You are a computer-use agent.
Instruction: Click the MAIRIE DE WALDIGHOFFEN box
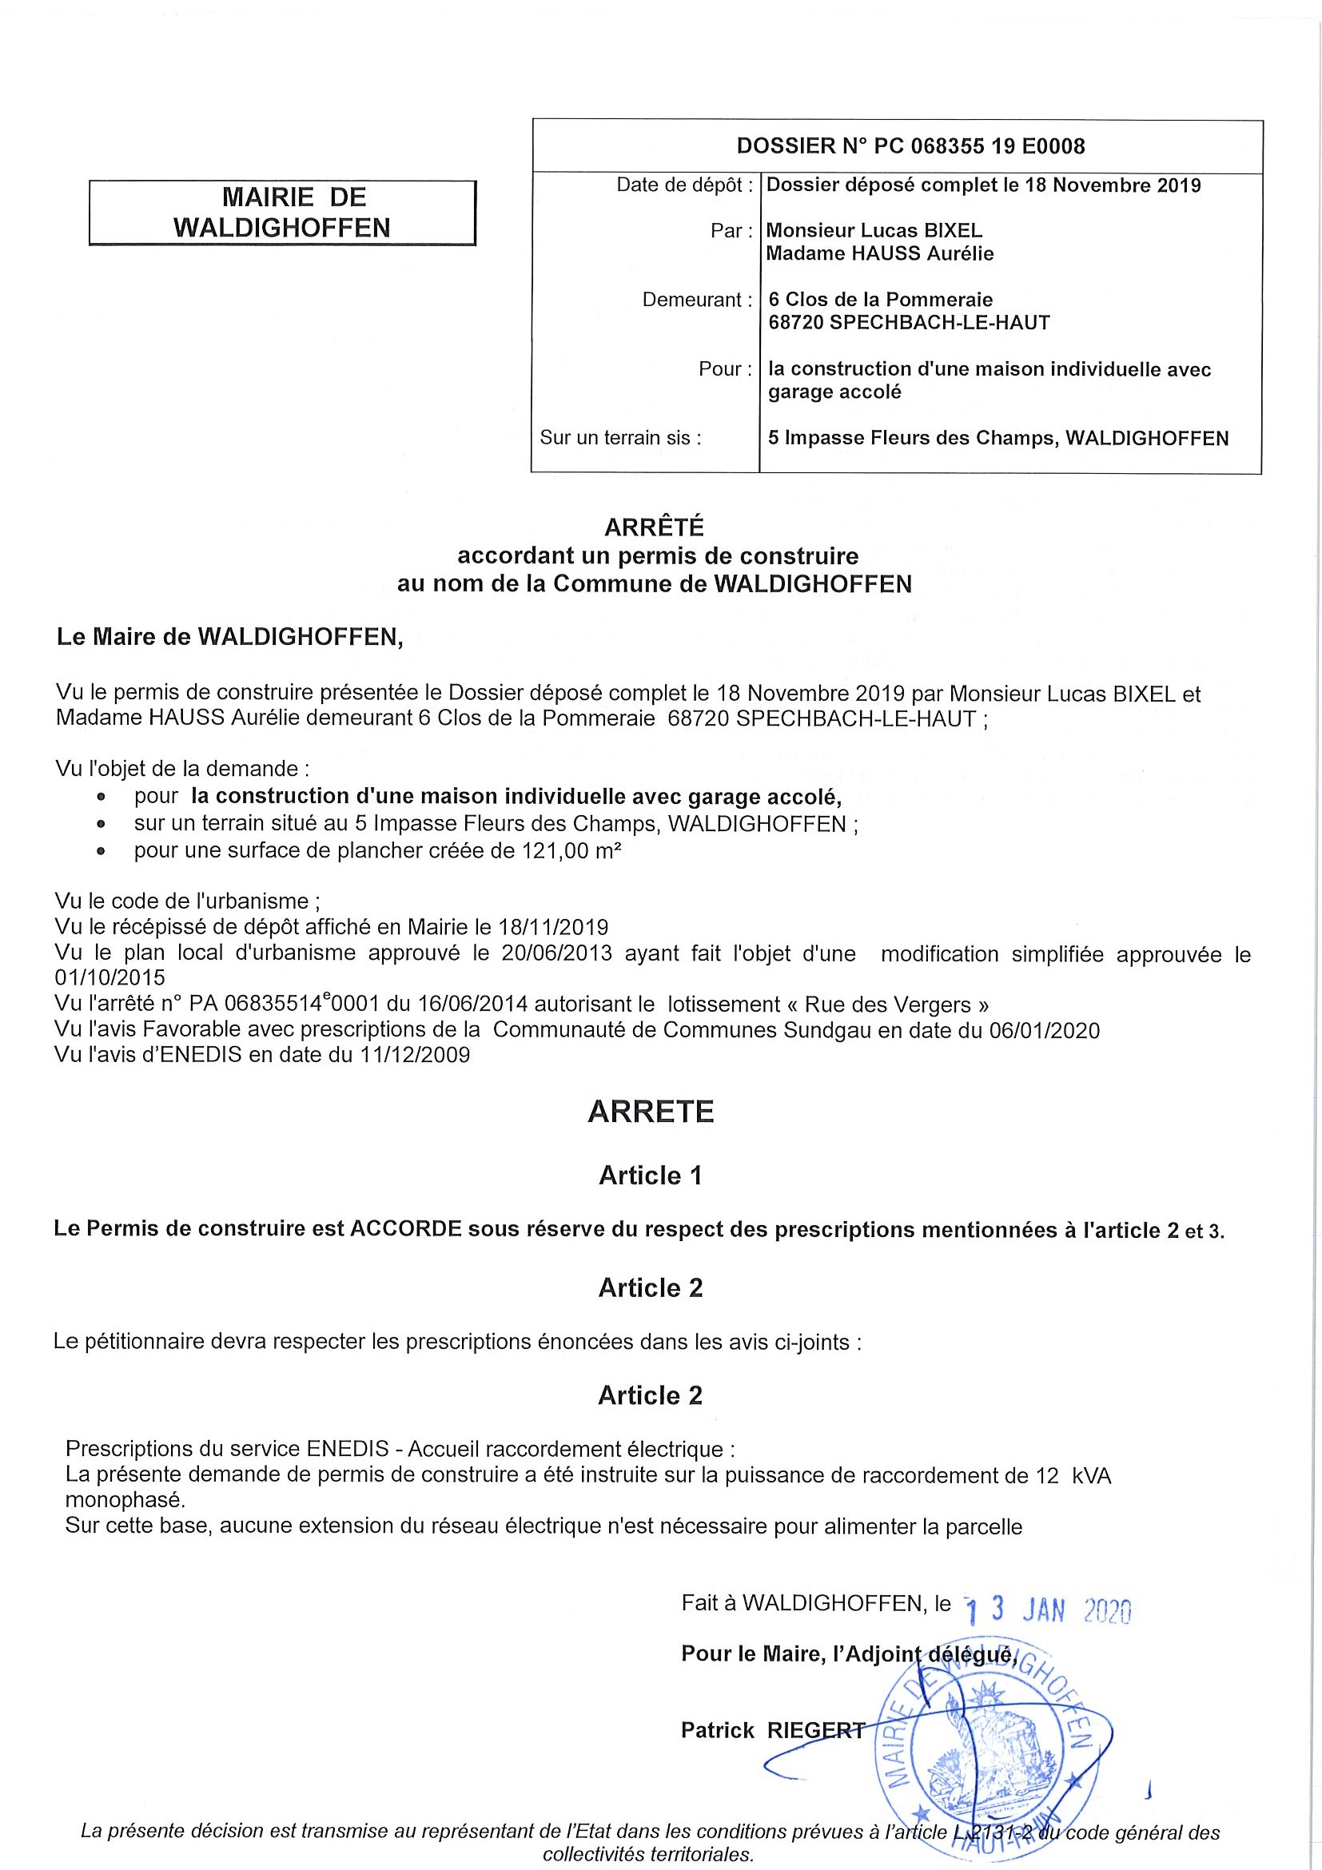click(282, 213)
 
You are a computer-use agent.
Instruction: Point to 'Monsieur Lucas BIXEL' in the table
click(874, 231)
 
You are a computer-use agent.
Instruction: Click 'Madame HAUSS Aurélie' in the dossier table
click(880, 254)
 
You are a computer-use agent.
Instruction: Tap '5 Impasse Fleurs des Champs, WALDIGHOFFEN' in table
click(997, 439)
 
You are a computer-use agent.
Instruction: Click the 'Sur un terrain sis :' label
click(620, 438)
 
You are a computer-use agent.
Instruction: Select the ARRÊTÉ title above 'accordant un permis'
click(654, 527)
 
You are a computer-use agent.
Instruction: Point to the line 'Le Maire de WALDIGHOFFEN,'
click(229, 637)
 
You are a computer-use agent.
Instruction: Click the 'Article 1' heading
click(650, 1176)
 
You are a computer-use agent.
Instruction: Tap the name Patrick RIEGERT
click(772, 1731)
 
